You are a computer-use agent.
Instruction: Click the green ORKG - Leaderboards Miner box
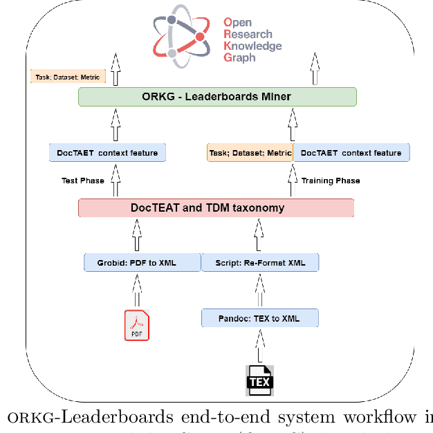217,97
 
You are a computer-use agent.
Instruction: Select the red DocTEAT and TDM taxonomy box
217,208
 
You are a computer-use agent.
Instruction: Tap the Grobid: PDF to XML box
142,263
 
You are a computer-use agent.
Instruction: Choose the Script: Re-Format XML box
259,263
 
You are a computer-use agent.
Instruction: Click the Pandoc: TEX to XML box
260,318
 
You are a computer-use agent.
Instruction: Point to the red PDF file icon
136,326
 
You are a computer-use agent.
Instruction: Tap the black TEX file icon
260,380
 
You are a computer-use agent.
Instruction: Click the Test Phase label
82,181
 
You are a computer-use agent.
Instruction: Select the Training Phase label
331,181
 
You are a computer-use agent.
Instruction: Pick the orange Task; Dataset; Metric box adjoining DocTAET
250,153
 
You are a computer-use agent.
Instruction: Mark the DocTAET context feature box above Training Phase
351,153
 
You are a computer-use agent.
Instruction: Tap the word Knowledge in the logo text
252,46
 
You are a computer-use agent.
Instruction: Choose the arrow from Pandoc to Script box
260,291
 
